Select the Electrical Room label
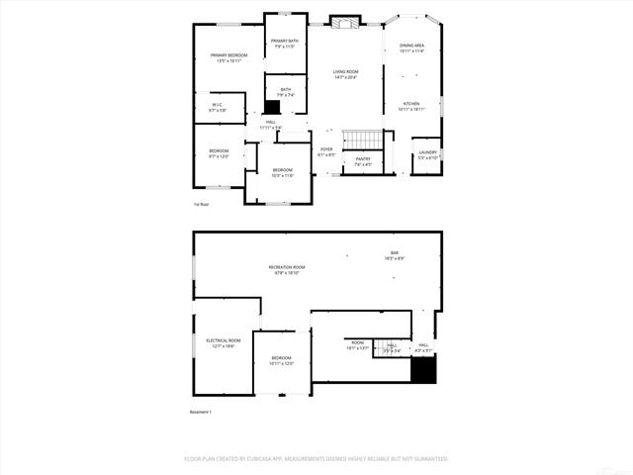[223, 342]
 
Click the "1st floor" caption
[201, 205]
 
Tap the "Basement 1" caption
[201, 412]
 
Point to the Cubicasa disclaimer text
[316, 458]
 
